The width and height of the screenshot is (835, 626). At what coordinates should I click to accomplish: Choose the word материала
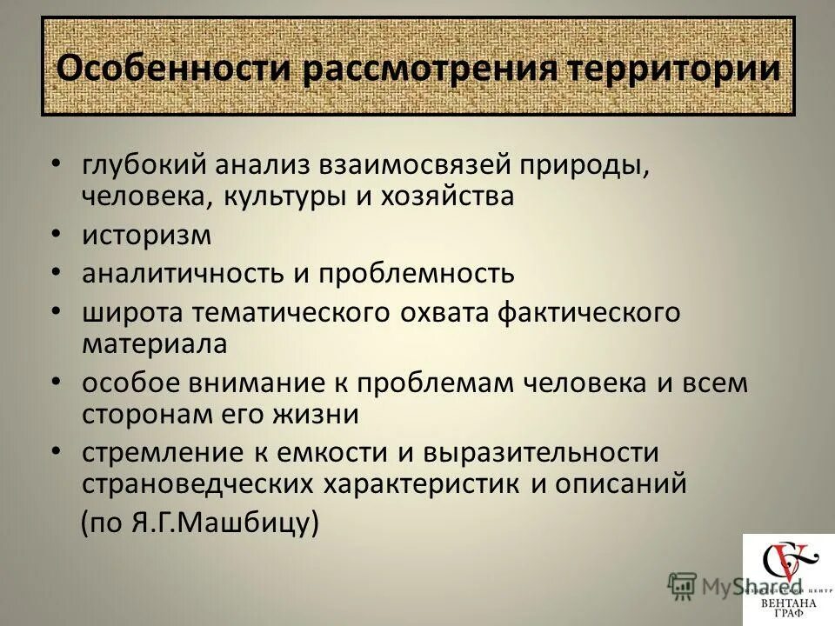(154, 343)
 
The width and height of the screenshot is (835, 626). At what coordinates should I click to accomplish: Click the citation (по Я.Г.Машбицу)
(200, 523)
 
